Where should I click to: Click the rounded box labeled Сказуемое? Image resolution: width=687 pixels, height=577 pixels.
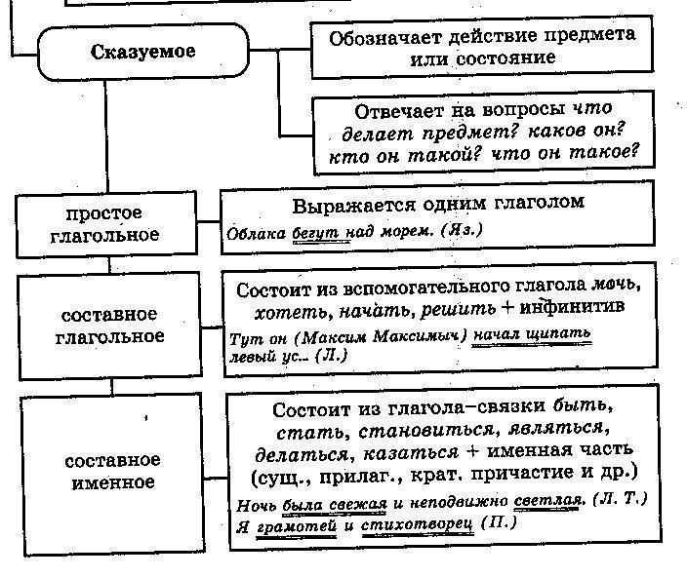tap(142, 52)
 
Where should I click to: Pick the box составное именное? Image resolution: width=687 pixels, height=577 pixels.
tap(111, 471)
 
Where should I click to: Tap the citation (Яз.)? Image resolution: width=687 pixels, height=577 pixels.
tap(463, 231)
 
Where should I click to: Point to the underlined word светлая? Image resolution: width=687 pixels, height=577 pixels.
tap(547, 501)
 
